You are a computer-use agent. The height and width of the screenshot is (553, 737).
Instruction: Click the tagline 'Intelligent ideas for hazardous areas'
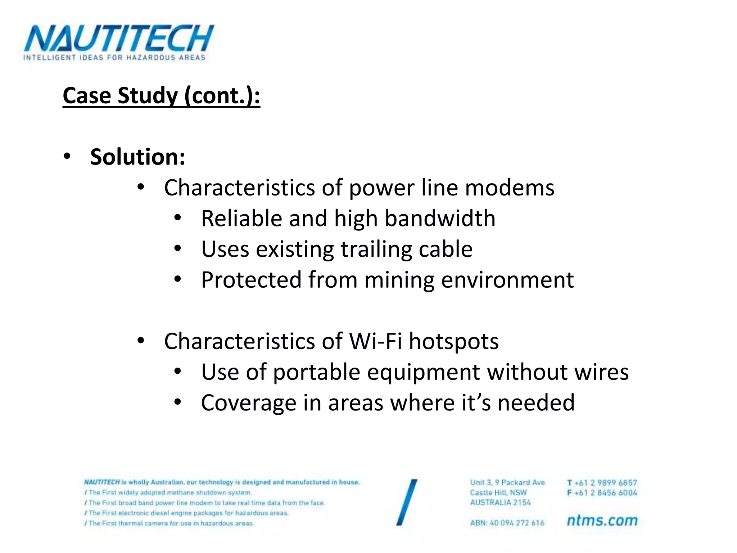114,58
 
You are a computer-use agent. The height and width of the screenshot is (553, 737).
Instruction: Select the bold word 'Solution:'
137,157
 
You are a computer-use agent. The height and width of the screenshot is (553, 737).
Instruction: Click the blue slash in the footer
407,502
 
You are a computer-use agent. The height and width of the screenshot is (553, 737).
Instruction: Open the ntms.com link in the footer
602,520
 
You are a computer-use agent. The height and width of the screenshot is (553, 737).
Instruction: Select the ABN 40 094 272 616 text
507,523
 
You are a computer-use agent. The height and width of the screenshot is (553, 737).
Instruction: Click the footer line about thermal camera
169,523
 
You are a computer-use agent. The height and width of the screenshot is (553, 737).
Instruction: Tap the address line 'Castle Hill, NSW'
498,493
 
